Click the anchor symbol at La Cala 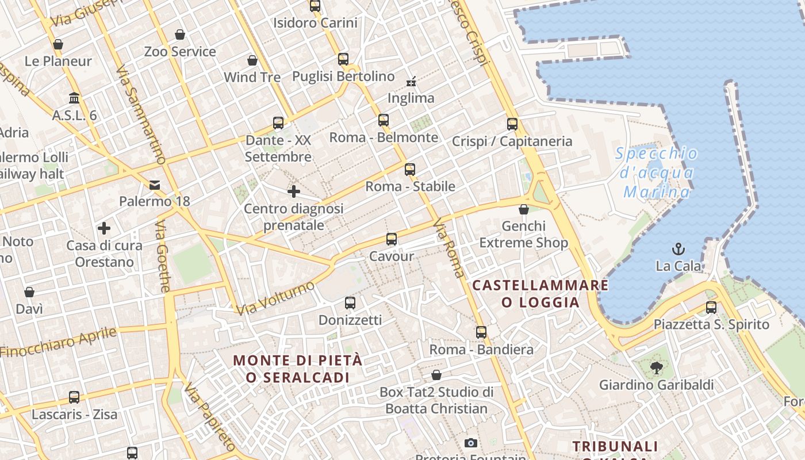coord(679,249)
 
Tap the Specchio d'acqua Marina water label coord(657,172)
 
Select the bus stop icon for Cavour coord(392,239)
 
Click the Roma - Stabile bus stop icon coord(410,170)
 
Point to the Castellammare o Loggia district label coord(540,293)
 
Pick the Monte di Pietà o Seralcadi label coord(298,369)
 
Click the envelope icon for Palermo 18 coord(155,185)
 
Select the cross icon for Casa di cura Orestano coord(104,229)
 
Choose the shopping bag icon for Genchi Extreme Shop coord(523,209)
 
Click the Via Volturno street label coord(275,298)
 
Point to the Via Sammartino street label coord(141,115)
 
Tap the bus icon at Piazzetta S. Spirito coord(711,307)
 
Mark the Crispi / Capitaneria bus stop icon coord(512,124)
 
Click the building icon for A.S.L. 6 coord(74,98)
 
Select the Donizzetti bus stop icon coord(350,303)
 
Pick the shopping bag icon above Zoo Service coord(180,34)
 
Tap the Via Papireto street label coord(210,417)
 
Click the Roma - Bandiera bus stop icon coord(481,332)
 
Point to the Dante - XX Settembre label coord(278,148)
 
